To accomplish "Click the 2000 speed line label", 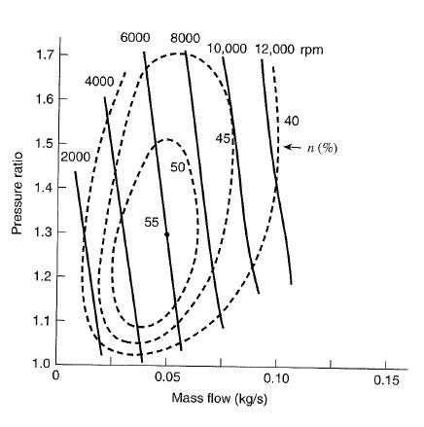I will [75, 157].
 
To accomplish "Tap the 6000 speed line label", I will [136, 37].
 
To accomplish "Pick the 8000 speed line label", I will [185, 38].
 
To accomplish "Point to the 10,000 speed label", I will [228, 49].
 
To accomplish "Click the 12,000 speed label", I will [276, 49].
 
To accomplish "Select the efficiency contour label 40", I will [291, 121].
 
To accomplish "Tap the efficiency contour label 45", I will [223, 138].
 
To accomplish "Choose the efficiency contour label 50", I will [178, 168].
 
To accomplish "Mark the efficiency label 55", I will [152, 222].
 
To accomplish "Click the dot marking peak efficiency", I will [166, 234].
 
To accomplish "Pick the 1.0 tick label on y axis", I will [42, 364].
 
